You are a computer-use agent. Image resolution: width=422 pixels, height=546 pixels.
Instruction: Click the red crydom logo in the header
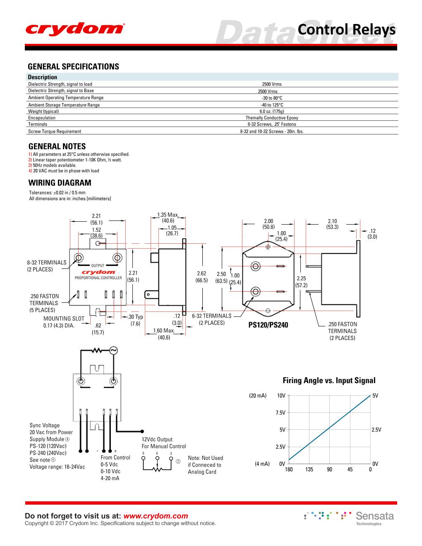(74, 29)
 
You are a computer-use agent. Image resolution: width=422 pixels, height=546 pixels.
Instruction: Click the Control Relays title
(346, 30)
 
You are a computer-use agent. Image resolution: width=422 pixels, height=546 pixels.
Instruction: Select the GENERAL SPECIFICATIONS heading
(73, 67)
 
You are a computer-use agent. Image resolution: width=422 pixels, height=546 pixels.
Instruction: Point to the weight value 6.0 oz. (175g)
(272, 111)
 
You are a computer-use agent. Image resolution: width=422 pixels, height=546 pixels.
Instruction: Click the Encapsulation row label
(42, 118)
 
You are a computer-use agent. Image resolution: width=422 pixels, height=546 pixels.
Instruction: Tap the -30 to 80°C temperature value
(272, 98)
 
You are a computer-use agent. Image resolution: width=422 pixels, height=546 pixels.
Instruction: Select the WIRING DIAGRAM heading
(60, 183)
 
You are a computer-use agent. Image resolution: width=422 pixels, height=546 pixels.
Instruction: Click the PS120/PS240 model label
(268, 325)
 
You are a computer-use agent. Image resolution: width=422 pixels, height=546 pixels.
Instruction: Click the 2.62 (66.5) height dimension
(201, 277)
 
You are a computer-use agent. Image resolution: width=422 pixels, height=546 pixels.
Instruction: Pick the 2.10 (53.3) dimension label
(332, 224)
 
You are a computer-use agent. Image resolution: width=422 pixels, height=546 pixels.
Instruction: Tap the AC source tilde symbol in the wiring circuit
(113, 351)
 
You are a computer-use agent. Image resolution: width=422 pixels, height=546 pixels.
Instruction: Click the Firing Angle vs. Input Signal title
(329, 381)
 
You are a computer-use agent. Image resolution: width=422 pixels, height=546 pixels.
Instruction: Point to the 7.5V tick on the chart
(281, 413)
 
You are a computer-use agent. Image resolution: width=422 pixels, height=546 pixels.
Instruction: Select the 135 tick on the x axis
(309, 469)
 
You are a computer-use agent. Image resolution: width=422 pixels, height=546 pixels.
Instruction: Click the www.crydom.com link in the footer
(156, 516)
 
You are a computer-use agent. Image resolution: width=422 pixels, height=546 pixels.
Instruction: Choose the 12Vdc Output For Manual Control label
(163, 443)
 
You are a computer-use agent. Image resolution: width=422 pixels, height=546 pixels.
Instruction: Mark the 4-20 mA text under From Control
(110, 478)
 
